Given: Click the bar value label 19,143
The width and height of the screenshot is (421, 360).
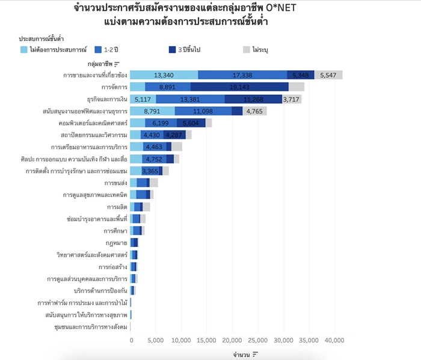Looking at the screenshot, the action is click(239, 87).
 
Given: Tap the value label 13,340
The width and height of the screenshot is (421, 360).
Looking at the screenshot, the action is click(164, 75).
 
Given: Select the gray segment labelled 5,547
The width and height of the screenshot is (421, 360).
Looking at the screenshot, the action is click(328, 75).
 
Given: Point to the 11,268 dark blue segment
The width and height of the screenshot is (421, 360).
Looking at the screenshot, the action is click(253, 99).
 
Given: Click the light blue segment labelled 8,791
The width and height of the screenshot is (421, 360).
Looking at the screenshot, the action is click(152, 111).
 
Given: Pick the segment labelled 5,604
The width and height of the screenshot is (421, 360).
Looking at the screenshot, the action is click(191, 123).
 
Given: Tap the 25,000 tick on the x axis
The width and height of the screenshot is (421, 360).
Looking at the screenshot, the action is click(258, 340).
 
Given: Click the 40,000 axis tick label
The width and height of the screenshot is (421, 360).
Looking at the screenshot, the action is click(334, 340).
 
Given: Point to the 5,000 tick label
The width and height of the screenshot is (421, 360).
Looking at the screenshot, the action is click(155, 340).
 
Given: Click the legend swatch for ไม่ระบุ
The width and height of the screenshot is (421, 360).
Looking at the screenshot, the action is click(247, 50).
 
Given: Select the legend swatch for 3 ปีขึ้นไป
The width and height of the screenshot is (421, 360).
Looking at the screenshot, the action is click(172, 50).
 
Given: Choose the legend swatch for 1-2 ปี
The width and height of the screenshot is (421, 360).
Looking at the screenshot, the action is click(98, 50).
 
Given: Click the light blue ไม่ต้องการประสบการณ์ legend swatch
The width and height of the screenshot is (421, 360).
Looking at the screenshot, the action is click(24, 50).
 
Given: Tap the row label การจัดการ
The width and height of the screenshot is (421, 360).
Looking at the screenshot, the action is click(114, 87).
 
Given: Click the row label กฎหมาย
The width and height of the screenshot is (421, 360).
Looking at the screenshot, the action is click(116, 243).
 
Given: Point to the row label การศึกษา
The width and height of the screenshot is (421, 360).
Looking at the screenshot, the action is click(115, 231).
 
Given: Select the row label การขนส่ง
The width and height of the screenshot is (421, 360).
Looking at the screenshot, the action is click(115, 183).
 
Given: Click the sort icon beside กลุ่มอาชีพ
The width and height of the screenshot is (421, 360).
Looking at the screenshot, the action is click(117, 64).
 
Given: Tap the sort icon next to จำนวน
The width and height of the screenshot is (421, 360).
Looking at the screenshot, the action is click(255, 355).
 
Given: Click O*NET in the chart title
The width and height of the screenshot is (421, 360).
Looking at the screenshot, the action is click(281, 8).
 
